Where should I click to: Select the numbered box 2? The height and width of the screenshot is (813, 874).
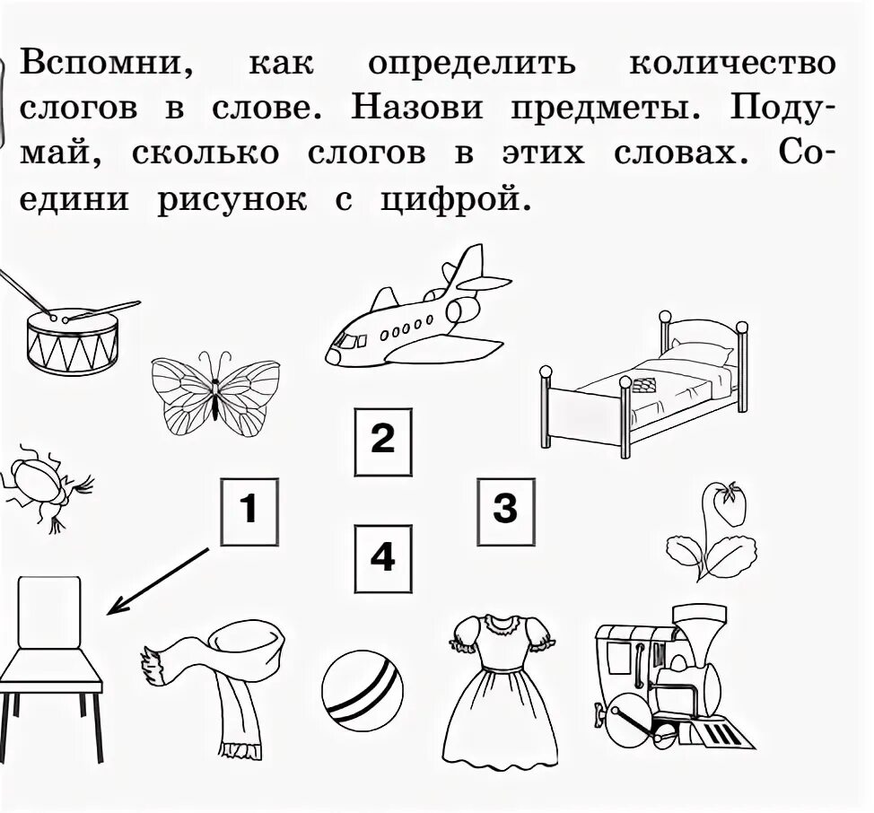click(382, 441)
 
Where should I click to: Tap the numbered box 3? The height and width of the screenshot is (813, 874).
click(506, 510)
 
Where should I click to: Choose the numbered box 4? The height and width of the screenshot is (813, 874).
click(382, 558)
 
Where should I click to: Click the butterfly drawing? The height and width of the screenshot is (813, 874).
click(215, 392)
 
